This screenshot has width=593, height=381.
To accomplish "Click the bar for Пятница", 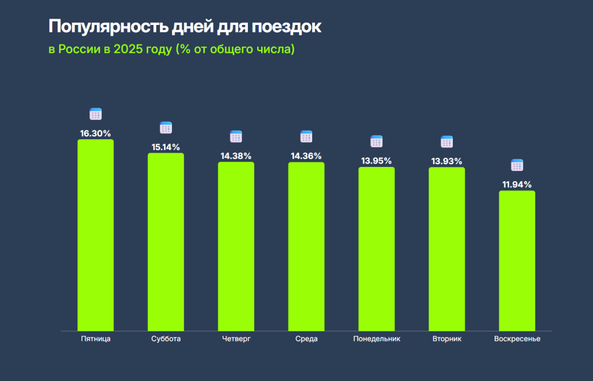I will tap(96, 235).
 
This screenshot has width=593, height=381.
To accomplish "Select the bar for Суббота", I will tap(166, 242).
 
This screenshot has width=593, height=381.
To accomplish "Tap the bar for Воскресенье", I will tap(517, 260).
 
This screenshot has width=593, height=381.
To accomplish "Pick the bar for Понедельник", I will tap(376, 249).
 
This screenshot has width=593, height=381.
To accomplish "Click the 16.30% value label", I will tap(96, 133).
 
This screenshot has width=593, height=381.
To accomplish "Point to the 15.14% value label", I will tap(166, 147).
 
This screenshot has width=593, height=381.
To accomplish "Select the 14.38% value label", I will tap(236, 156).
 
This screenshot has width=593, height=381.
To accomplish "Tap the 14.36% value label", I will tap(306, 156).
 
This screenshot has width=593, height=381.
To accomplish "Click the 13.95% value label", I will tap(376, 161).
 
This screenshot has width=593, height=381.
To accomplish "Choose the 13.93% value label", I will tap(446, 161).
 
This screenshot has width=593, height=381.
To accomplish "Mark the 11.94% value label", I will tap(517, 184).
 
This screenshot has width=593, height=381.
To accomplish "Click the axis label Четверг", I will tap(236, 339).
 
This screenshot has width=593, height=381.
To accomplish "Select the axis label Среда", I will tap(306, 339).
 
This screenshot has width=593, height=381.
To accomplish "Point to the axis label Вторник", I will tap(446, 339).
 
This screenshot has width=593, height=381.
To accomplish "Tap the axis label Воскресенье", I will tap(517, 339).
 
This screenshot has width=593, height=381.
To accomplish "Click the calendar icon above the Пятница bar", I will tap(96, 114).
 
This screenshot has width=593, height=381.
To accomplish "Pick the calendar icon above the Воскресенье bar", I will tap(517, 165).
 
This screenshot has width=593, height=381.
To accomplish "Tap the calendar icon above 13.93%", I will tap(446, 141).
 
